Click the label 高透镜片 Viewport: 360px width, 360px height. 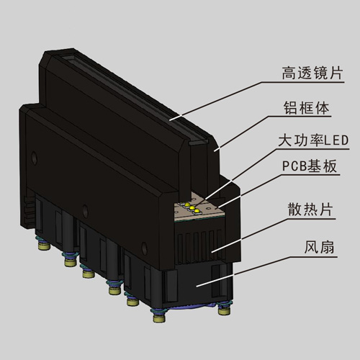312,73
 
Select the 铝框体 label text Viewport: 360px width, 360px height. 306,108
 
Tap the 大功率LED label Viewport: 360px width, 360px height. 313,140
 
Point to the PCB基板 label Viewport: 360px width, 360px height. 310,166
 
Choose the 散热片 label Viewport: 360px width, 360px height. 310,210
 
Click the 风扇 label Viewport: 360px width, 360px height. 319,246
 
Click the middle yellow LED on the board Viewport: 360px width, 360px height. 192,208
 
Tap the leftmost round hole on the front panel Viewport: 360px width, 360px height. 35,158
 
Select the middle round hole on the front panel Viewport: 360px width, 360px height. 84,210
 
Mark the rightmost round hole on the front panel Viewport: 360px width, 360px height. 144,249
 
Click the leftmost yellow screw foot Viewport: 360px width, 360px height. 44,246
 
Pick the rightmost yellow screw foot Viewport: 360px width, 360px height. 224,311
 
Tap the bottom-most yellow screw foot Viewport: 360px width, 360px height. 159,318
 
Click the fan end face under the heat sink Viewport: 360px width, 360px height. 197,283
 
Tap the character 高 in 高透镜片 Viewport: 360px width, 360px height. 289,73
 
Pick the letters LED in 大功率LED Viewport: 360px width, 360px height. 336,141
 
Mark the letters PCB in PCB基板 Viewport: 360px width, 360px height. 294,166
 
